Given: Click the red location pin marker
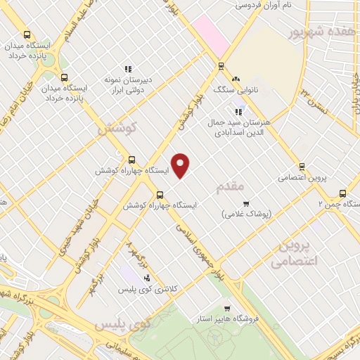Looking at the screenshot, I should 181,165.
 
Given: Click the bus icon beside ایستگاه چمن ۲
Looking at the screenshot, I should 343,193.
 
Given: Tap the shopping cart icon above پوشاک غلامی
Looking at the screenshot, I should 245,204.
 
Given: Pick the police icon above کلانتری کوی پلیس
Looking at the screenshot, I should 146,278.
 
